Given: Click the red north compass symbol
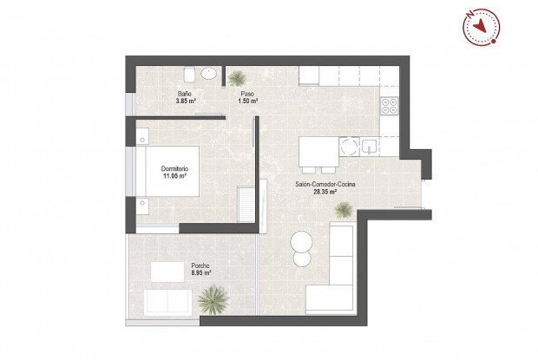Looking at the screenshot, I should point(478,27).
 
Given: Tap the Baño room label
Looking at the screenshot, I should point(185,94).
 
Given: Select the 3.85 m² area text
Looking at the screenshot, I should point(185,101).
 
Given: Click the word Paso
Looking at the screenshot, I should point(246,94).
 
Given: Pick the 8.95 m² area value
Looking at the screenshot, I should point(200,273).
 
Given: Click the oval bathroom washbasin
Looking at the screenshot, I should point(208,75).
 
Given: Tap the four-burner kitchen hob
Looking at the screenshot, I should point(390,108).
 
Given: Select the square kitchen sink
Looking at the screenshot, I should point(370,147).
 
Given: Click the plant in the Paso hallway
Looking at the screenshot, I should point(236,77).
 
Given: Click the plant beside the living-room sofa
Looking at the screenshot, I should point(344,208).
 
